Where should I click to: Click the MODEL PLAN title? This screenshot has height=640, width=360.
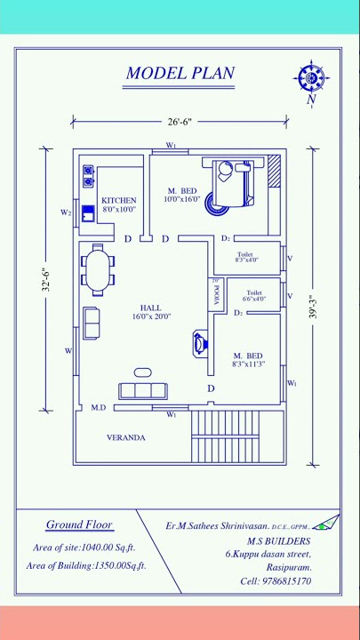coord(180,73)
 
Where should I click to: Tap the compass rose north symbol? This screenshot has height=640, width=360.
coord(311,79)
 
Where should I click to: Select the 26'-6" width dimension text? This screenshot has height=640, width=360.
coord(179,121)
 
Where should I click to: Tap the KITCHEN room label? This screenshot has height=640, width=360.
coord(118,201)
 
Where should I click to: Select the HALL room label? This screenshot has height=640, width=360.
coord(150,308)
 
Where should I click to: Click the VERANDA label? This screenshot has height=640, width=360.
coord(125,437)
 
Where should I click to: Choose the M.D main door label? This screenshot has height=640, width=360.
coord(99,407)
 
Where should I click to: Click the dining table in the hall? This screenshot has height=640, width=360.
coord(98,270)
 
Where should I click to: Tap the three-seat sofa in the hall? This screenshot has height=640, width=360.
coord(143,389)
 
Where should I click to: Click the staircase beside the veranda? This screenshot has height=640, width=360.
coord(226,435)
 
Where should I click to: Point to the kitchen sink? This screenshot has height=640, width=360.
coord(88,213)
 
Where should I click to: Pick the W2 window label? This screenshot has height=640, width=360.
coord(66,212)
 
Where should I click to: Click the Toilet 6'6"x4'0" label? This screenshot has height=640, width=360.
coord(254,295)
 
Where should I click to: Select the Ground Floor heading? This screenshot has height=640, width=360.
coord(77,524)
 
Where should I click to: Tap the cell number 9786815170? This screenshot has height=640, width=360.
coord(276,580)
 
